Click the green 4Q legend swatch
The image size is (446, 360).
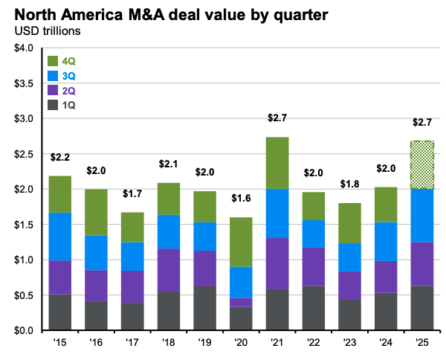coord(54,61)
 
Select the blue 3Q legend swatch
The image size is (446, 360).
coord(54,76)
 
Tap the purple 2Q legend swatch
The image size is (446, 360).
coord(54,90)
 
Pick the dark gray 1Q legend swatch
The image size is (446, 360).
coord(54,105)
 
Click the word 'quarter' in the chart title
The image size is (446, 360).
coord(232,13)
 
